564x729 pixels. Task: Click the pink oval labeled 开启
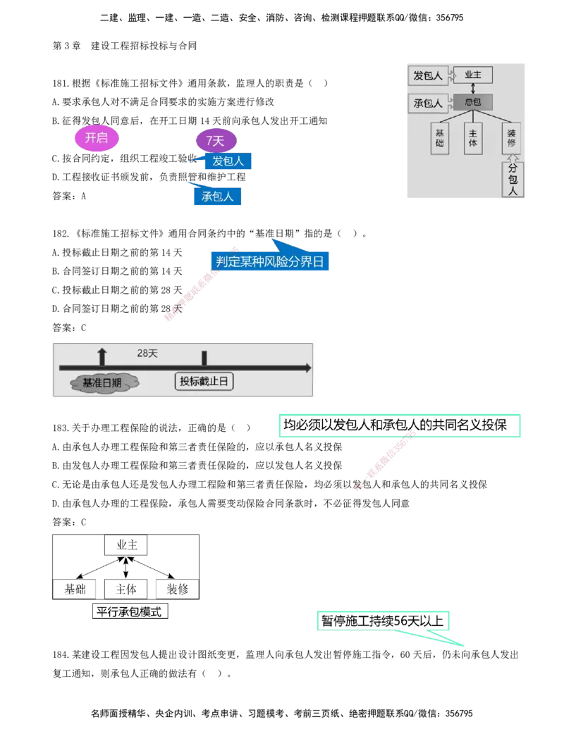(x=97, y=138)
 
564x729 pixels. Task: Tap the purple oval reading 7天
(x=215, y=141)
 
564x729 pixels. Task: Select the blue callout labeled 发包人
(x=228, y=161)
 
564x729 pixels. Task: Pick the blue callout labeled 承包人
(x=217, y=197)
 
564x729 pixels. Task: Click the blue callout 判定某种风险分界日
(x=270, y=262)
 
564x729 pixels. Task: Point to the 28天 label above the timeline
(x=147, y=354)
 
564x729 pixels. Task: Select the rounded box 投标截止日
(x=204, y=382)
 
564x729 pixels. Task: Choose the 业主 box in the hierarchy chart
(x=472, y=75)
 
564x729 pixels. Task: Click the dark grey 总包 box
(x=472, y=102)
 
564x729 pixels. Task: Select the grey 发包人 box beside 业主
(x=428, y=75)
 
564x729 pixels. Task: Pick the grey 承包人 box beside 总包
(x=428, y=103)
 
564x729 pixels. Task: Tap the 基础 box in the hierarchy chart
(x=440, y=139)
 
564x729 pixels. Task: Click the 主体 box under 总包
(x=472, y=139)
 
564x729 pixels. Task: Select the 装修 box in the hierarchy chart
(x=512, y=137)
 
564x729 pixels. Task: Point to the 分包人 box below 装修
(x=513, y=180)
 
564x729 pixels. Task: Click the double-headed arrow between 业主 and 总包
(x=472, y=88)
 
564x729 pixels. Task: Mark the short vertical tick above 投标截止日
(x=204, y=358)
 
